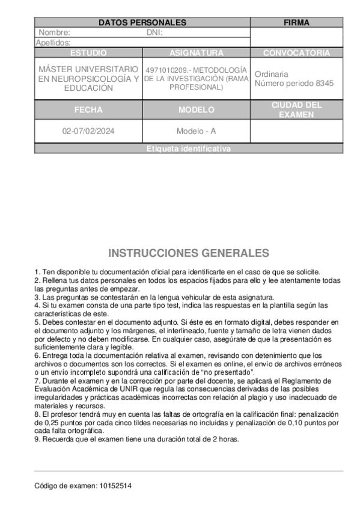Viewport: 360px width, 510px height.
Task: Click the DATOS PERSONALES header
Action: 142,23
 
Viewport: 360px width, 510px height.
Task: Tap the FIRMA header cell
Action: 296,23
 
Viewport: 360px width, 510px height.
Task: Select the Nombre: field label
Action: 55,32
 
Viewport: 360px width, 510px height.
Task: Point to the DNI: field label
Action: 154,32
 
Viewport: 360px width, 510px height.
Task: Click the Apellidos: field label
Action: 53,43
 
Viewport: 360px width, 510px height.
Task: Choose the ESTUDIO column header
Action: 88,53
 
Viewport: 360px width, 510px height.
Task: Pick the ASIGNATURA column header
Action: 196,53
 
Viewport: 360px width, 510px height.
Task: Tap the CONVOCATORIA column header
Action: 296,53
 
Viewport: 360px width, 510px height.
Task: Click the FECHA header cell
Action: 88,110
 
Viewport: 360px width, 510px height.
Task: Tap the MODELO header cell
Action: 196,110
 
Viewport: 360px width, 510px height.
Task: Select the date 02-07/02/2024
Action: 88,132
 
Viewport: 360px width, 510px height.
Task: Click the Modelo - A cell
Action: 196,132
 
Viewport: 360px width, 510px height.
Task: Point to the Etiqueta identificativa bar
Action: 188,149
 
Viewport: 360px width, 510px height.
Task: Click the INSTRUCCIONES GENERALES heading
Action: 188,253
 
